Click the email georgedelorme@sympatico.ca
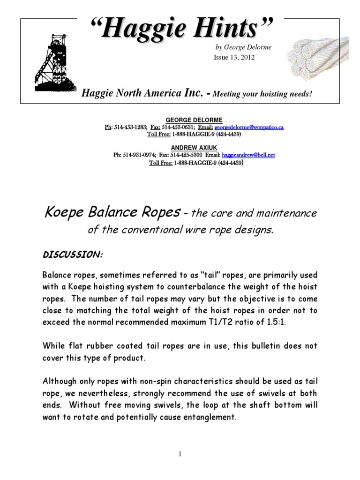click(x=248, y=127)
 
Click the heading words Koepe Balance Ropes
click(x=112, y=214)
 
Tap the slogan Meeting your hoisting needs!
click(x=262, y=94)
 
